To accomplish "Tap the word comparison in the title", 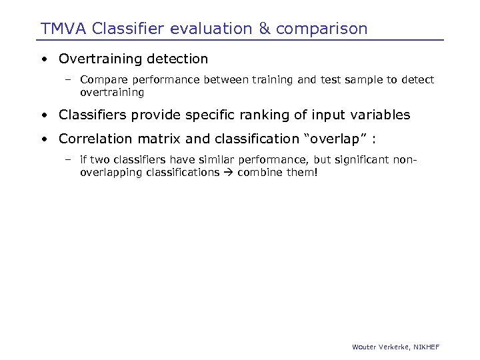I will coord(321,29).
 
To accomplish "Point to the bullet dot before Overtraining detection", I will coord(43,59).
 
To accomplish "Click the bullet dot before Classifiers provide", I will coord(43,115).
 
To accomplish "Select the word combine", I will coord(257,172).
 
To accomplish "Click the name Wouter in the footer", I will coord(364,347).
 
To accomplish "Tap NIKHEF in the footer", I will coord(426,347).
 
